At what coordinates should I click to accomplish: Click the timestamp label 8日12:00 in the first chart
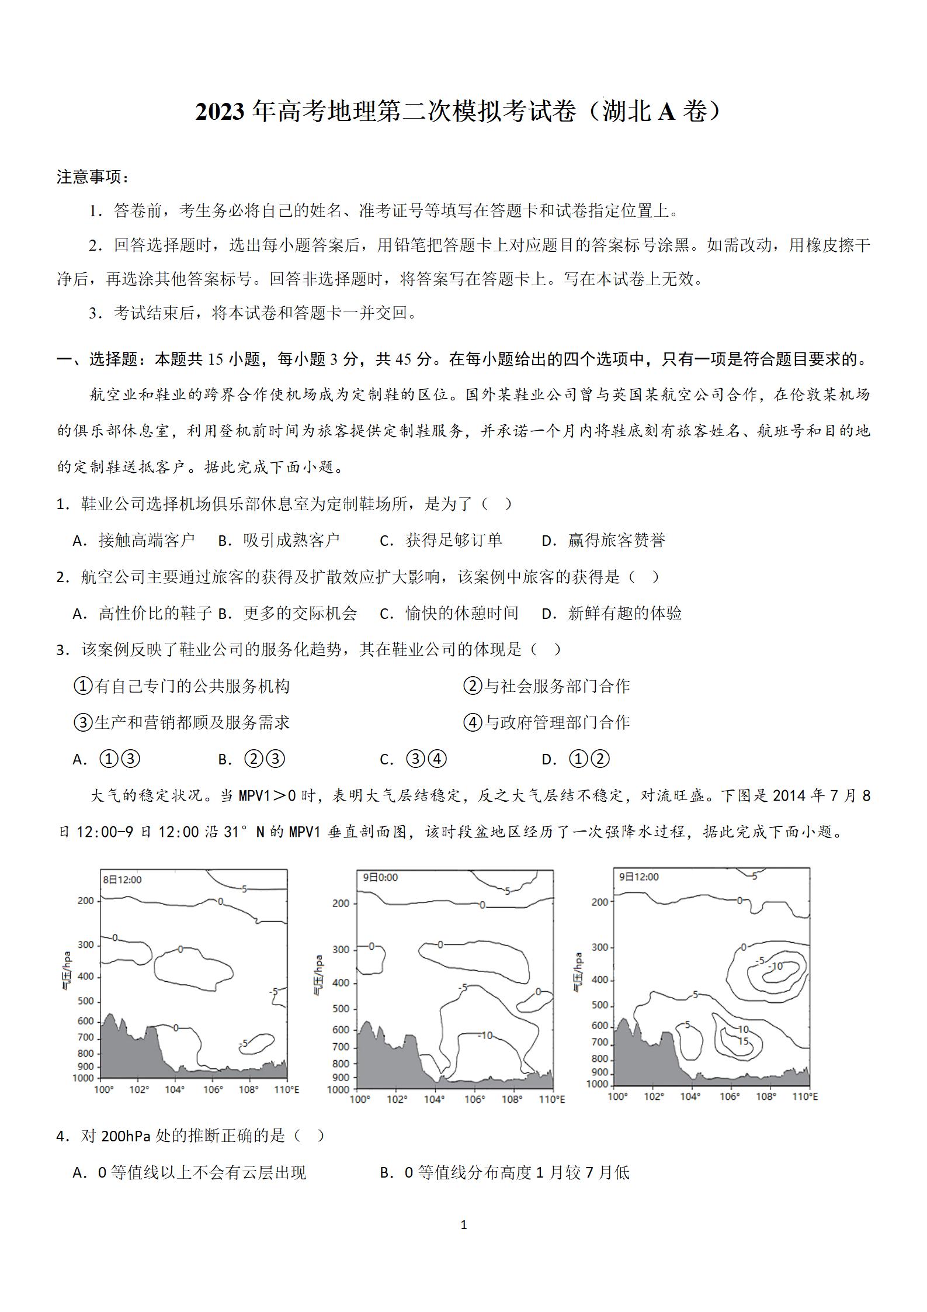click(122, 880)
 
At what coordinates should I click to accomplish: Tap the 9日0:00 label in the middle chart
click(380, 877)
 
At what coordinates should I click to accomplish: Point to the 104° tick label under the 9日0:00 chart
click(434, 1099)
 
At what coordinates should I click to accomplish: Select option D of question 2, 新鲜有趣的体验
click(624, 613)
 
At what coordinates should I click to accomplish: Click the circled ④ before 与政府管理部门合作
click(472, 723)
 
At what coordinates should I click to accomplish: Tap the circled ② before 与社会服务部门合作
click(472, 686)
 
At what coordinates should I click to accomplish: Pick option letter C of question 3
click(386, 760)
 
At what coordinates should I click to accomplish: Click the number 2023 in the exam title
click(219, 112)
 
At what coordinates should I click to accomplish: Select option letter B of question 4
click(386, 1173)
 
